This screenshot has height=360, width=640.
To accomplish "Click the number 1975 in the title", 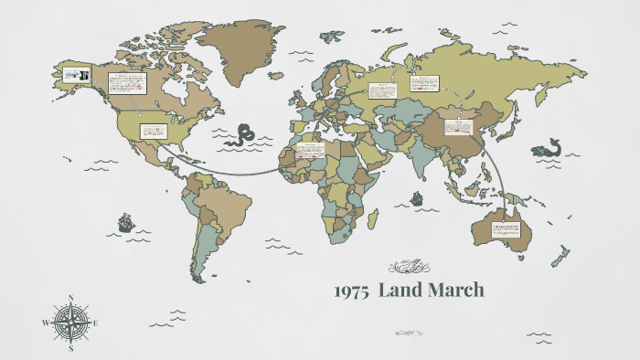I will pos(350,291).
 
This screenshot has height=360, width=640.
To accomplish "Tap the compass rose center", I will pos(69,323).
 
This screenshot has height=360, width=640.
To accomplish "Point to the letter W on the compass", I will pos(44,323).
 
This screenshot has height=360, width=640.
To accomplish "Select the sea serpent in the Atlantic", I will pos(243,135).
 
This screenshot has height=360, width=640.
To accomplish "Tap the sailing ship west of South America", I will pos(124,222).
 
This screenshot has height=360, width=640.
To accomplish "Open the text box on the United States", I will pos(152,132).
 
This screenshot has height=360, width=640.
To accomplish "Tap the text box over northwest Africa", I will pos(311,150).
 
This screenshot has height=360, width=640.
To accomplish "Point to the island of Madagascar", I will pos(373,218).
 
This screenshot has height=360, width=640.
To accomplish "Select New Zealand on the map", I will pos(560,256).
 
